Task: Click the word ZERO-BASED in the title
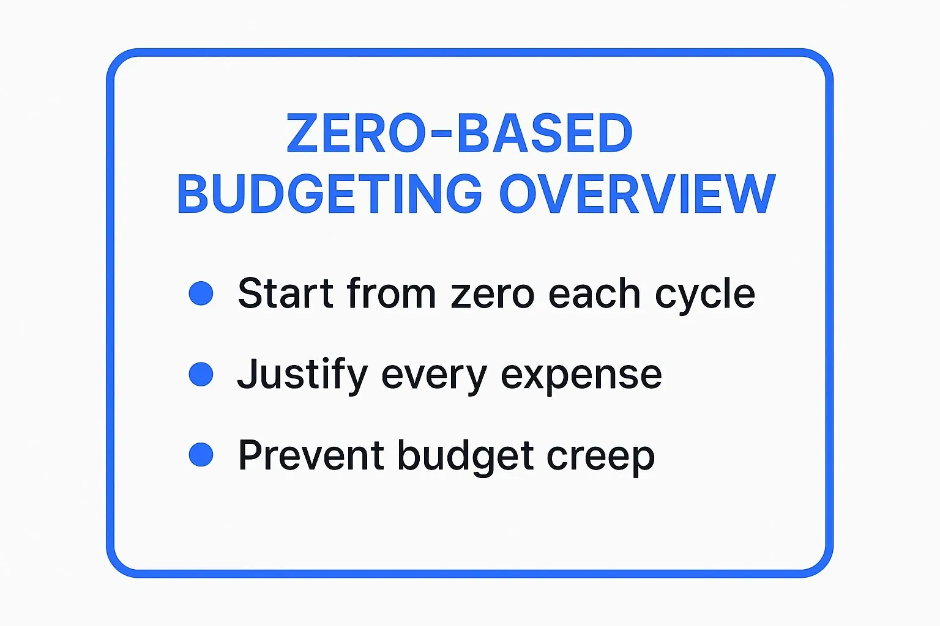pyautogui.click(x=460, y=133)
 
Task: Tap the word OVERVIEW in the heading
pyautogui.click(x=637, y=194)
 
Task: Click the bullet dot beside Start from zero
pyautogui.click(x=201, y=293)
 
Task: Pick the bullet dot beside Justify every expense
pyautogui.click(x=201, y=374)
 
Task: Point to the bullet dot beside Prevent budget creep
pyautogui.click(x=201, y=455)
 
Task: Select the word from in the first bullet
pyautogui.click(x=391, y=293)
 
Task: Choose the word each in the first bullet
pyautogui.click(x=594, y=293)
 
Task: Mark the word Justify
pyautogui.click(x=302, y=374)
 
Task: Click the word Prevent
pyautogui.click(x=311, y=455)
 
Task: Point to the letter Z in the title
pyautogui.click(x=302, y=133)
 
